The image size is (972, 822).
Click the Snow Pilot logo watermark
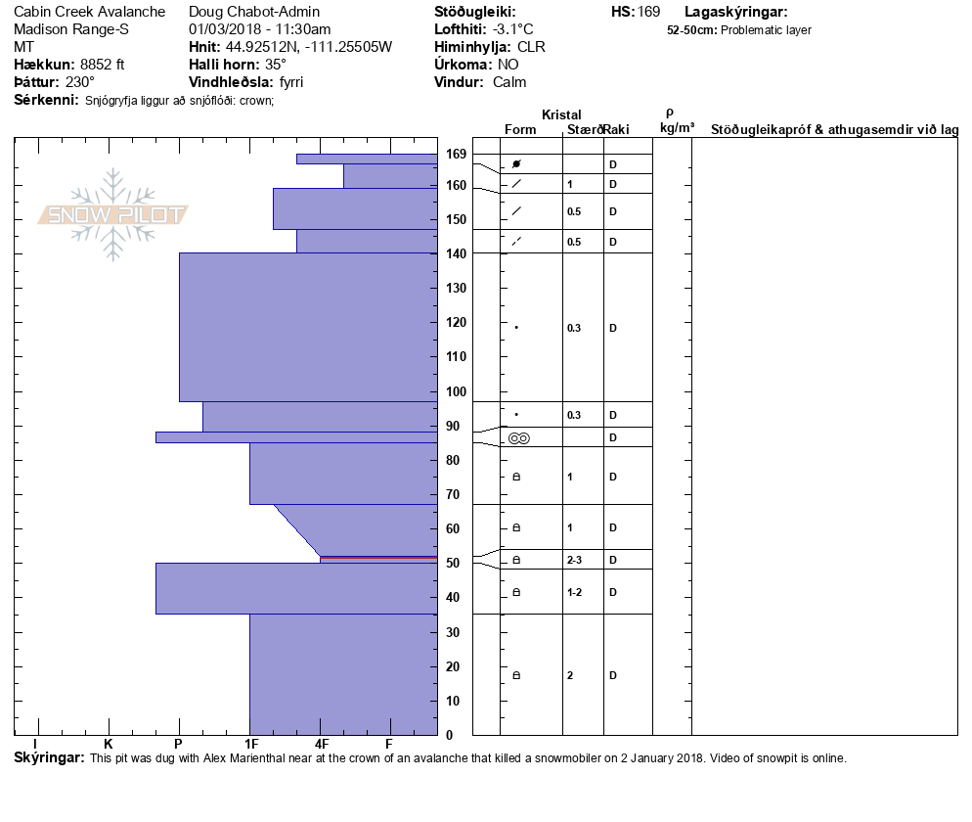pyautogui.click(x=113, y=214)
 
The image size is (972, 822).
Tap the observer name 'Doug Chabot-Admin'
pyautogui.click(x=254, y=12)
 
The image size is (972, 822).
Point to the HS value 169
pyautogui.click(x=648, y=12)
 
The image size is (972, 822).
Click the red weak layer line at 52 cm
pyautogui.click(x=378, y=558)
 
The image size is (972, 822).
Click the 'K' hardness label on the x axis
pyautogui.click(x=109, y=744)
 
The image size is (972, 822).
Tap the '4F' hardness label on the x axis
pyautogui.click(x=321, y=744)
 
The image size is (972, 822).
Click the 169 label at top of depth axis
pyautogui.click(x=457, y=154)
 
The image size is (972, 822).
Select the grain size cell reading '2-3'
pyautogui.click(x=575, y=560)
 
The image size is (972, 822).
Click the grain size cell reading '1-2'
pyautogui.click(x=575, y=592)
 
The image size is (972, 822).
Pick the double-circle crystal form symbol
pyautogui.click(x=519, y=438)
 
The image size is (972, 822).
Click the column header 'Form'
pyautogui.click(x=520, y=129)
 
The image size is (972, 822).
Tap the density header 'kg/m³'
pyautogui.click(x=677, y=128)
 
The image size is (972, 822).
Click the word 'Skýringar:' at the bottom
pyautogui.click(x=49, y=758)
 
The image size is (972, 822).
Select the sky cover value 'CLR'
pyautogui.click(x=532, y=47)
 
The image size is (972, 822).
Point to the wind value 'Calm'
pyautogui.click(x=509, y=82)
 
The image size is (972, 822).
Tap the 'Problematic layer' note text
pyautogui.click(x=766, y=30)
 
